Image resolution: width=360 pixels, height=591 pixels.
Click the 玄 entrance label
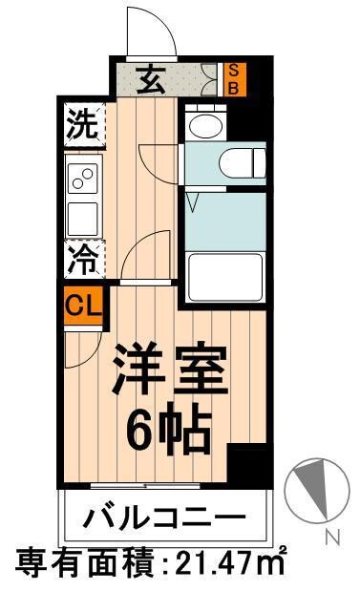[153, 80]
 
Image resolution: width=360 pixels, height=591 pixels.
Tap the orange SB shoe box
[231, 79]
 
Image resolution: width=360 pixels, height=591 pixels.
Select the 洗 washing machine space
[82, 125]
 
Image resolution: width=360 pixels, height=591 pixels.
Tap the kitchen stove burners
[82, 179]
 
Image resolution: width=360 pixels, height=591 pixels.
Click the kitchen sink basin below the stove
[82, 216]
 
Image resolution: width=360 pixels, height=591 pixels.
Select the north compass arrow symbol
[311, 489]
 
